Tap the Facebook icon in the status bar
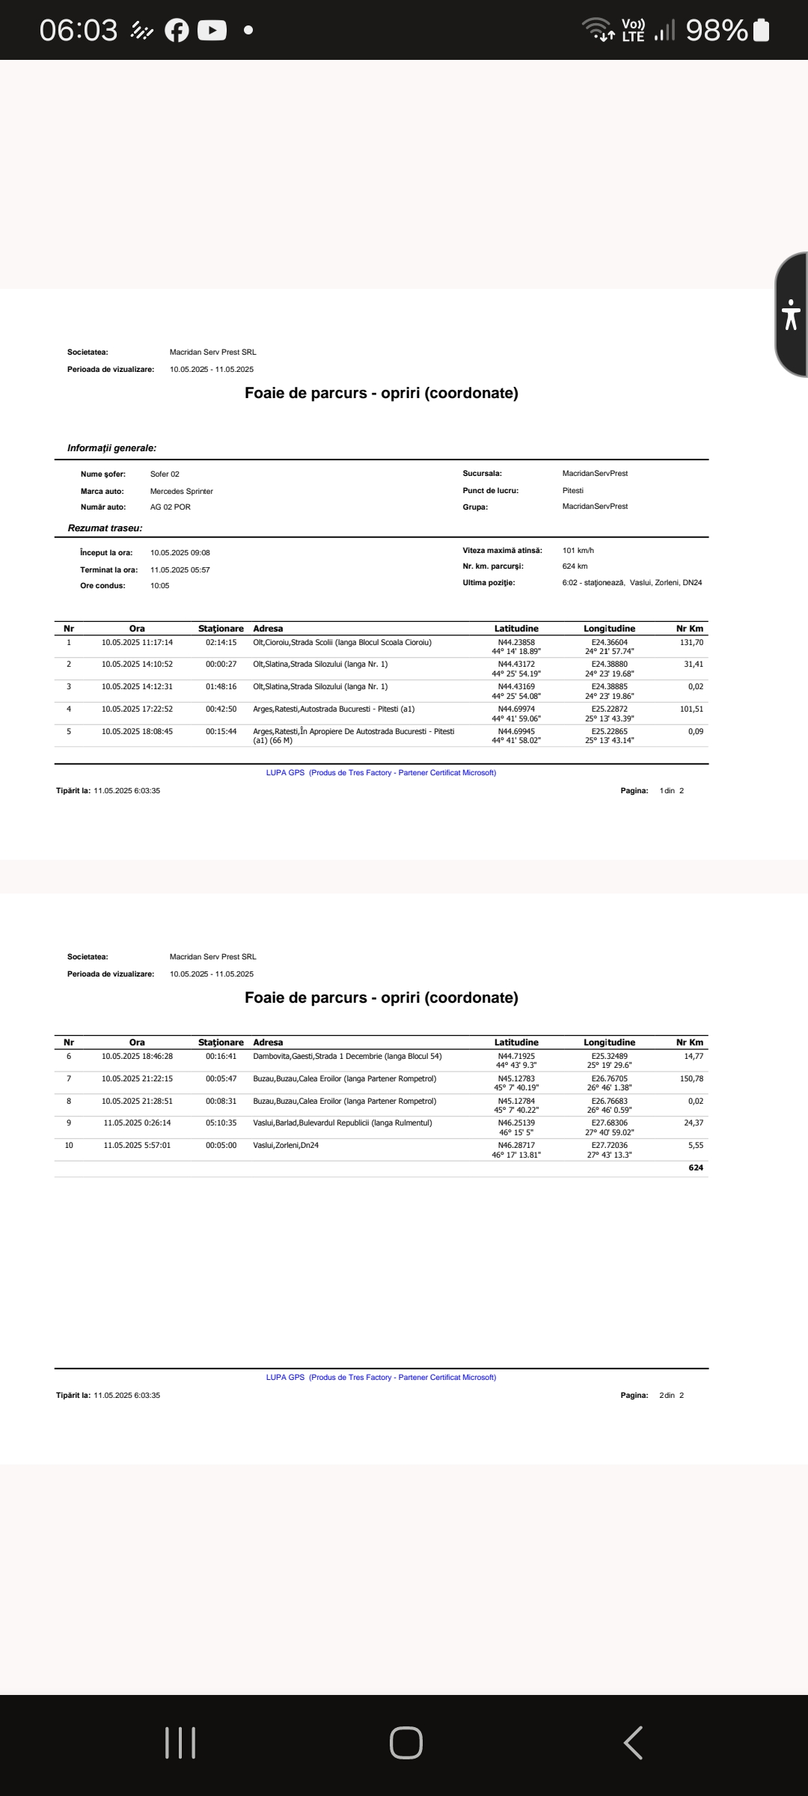[177, 31]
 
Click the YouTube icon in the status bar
[212, 31]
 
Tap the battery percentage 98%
[716, 31]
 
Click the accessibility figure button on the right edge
[791, 314]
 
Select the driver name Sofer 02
[165, 474]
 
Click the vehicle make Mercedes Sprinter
[182, 492]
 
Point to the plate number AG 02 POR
[171, 507]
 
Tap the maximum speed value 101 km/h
[578, 551]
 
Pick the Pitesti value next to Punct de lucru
[573, 491]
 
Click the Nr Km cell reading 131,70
[691, 643]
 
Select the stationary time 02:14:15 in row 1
[221, 643]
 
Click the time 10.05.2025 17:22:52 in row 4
[138, 709]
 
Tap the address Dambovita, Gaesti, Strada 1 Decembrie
[347, 1057]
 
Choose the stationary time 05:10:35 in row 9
[221, 1123]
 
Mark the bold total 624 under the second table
[696, 1168]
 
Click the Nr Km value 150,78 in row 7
[691, 1079]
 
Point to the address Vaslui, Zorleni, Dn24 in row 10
[286, 1146]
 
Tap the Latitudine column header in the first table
[516, 629]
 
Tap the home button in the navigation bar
[405, 1742]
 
